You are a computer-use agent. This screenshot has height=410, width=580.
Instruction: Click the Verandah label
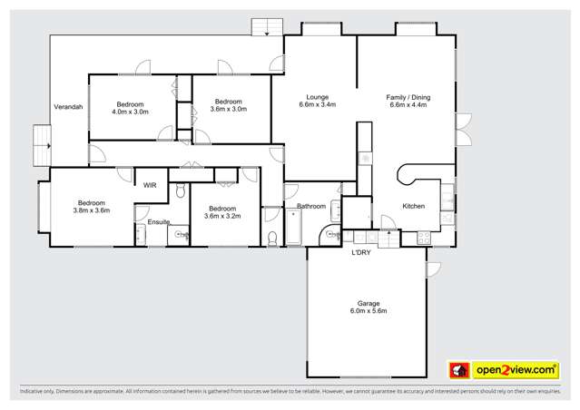click(x=68, y=107)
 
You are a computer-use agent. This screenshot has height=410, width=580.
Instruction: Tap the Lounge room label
click(x=317, y=97)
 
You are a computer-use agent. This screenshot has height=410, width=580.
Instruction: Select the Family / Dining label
click(x=407, y=97)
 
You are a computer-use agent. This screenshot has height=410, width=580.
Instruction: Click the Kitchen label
click(x=413, y=207)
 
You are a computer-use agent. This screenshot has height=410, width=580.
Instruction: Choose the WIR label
click(x=151, y=185)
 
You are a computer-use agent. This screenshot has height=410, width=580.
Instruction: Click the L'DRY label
click(x=361, y=252)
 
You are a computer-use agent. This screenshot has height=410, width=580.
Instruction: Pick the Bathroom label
click(x=311, y=207)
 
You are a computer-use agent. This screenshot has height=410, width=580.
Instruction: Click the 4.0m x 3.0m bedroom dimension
click(x=130, y=111)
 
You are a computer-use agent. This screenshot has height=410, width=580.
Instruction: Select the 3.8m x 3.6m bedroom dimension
click(x=92, y=210)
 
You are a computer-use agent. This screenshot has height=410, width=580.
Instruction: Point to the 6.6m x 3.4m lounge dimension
click(x=317, y=105)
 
